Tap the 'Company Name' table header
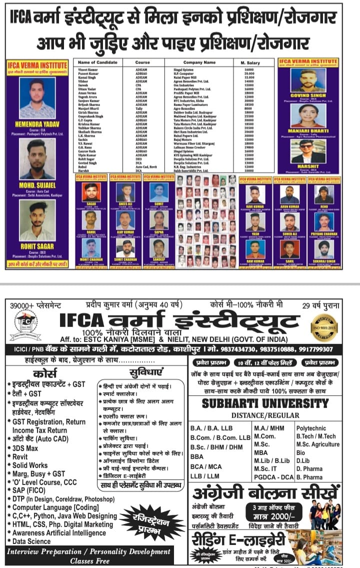199,62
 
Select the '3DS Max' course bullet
25,448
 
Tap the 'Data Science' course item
31,541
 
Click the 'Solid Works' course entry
30,465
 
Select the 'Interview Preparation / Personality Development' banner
88,551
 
